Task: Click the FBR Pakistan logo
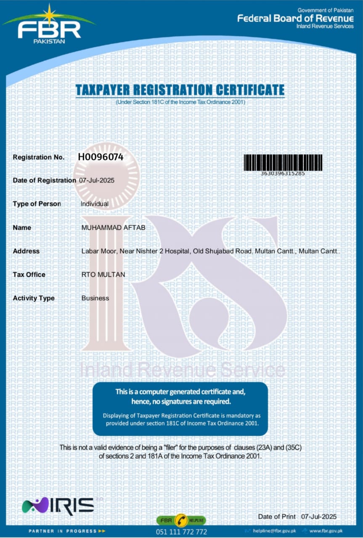49,26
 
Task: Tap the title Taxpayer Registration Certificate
180,90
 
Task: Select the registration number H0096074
101,157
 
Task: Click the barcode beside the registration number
283,162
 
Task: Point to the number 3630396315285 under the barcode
283,173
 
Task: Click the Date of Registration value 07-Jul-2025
97,180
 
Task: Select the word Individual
95,204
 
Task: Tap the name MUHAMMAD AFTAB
107,227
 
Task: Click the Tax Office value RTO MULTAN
103,274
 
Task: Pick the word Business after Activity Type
95,298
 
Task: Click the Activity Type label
34,298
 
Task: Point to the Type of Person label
37,204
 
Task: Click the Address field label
26,251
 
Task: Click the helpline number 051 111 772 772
181,532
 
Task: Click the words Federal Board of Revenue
295,18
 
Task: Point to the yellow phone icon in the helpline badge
181,520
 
